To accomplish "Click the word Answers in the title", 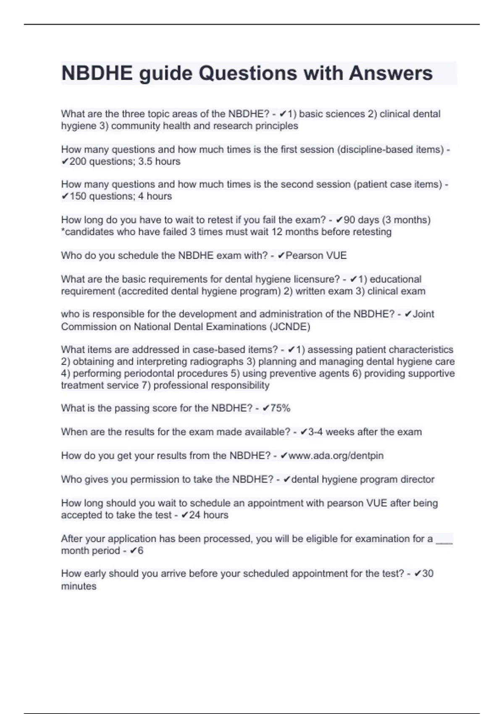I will click(x=391, y=73).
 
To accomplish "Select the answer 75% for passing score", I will click(x=281, y=408).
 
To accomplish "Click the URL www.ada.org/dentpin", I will click(x=336, y=456).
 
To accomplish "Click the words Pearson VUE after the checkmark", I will click(x=316, y=255).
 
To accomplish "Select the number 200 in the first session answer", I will click(x=78, y=162).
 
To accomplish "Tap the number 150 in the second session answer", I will click(x=78, y=196).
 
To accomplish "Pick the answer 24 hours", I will click(x=209, y=515).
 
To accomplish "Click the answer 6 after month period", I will click(x=140, y=551).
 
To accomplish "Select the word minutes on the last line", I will click(x=79, y=586).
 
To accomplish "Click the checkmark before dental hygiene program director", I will click(x=287, y=480).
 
